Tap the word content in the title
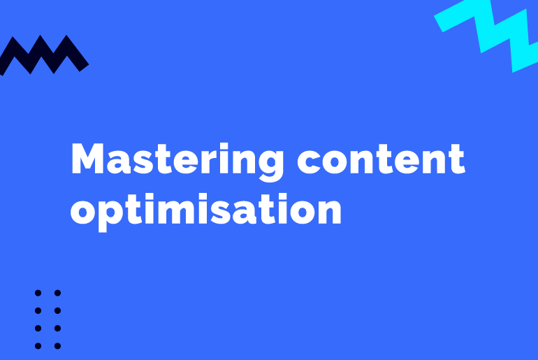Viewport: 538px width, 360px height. click(x=381, y=160)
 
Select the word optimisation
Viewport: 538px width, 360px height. click(x=206, y=209)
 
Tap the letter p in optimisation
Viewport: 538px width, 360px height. click(x=111, y=213)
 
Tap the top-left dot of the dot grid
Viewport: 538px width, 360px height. click(x=38, y=293)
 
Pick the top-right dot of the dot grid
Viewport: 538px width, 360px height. click(x=57, y=293)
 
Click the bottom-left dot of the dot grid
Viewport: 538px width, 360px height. click(x=38, y=345)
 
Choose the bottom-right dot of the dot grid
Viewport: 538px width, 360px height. click(x=57, y=345)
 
